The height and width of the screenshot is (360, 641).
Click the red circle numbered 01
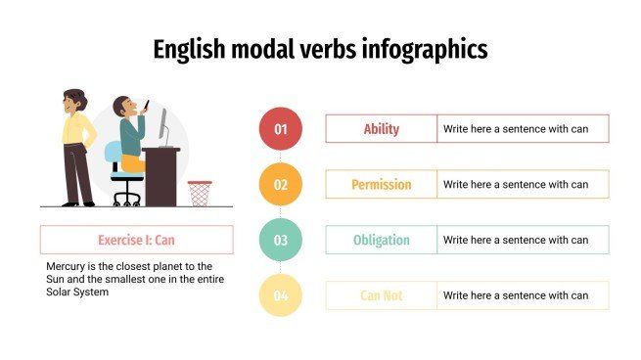(x=281, y=129)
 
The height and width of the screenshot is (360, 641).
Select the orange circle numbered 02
(x=281, y=184)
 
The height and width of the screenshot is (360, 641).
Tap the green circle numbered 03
(x=281, y=240)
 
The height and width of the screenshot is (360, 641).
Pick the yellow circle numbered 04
(x=281, y=295)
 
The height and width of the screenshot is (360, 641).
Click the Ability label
(x=382, y=129)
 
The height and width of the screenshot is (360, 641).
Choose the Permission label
(x=382, y=184)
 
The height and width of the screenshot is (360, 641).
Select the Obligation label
(x=382, y=240)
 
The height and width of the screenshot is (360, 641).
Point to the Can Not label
(x=382, y=295)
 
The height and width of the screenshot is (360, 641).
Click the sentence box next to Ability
(x=523, y=129)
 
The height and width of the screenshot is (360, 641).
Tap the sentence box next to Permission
(x=523, y=184)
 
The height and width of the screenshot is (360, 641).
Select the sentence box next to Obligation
(x=523, y=240)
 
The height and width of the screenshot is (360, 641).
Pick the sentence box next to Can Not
(x=523, y=295)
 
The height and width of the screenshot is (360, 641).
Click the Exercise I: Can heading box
(x=137, y=240)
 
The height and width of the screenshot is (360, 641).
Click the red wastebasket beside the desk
(x=200, y=193)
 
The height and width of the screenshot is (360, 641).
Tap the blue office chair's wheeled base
(x=127, y=198)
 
